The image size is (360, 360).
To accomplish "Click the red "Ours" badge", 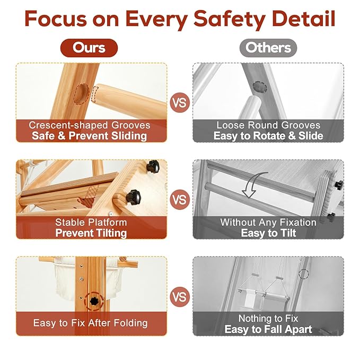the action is [x=89, y=48].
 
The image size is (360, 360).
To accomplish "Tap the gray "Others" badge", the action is [x=268, y=48].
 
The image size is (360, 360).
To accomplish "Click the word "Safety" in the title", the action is [x=230, y=19].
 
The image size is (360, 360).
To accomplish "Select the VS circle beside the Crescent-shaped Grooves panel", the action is [x=180, y=103].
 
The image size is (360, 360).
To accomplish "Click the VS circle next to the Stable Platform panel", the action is [x=180, y=200].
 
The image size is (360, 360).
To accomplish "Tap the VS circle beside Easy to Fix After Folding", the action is [x=180, y=297].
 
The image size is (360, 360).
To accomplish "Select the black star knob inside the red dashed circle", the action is [x=94, y=301].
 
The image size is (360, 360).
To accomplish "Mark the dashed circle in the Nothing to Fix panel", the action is [x=303, y=274].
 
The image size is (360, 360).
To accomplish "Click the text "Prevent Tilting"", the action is [x=91, y=233].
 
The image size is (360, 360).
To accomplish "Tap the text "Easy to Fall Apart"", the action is [x=268, y=329].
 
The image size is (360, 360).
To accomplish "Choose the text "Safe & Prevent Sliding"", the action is [x=89, y=136].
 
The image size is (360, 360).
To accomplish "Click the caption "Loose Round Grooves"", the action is [x=268, y=125].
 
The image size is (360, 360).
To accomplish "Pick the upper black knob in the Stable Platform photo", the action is [x=153, y=166].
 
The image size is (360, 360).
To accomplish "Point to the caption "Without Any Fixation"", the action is [x=268, y=223].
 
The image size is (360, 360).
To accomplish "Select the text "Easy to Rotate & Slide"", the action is [x=268, y=136].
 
